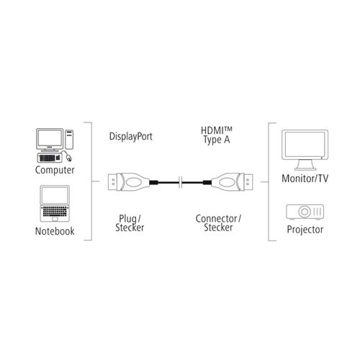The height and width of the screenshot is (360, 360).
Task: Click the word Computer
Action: [x=55, y=170]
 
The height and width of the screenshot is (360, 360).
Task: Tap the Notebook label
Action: [x=55, y=231]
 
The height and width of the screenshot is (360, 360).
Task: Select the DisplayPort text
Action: [x=131, y=137]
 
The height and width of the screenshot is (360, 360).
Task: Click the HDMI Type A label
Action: [x=217, y=135]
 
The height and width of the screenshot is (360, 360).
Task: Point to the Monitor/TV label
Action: [x=305, y=179]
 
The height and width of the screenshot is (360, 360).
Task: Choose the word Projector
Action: [x=305, y=230]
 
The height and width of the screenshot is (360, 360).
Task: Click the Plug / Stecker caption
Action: [x=130, y=223]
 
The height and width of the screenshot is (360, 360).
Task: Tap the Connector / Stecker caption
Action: [x=218, y=223]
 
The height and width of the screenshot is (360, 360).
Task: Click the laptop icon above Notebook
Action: [x=55, y=204]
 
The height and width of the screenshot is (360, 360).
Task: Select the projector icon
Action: [x=305, y=212]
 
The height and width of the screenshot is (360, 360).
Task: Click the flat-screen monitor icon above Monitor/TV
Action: [x=305, y=150]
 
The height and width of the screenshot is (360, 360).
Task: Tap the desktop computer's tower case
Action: [x=69, y=140]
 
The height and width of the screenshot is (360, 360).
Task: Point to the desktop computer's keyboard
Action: [x=49, y=158]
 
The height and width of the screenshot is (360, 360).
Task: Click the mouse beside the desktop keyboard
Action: [x=68, y=157]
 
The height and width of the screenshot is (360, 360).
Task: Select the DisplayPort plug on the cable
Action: [x=128, y=182]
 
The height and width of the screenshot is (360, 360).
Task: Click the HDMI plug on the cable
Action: [x=232, y=182]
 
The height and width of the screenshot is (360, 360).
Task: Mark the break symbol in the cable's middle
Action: [x=181, y=182]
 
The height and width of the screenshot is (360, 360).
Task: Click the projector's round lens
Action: [x=305, y=212]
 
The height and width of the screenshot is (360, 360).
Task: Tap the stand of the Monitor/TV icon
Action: [x=305, y=165]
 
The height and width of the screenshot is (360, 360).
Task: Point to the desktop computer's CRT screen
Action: [x=50, y=138]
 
